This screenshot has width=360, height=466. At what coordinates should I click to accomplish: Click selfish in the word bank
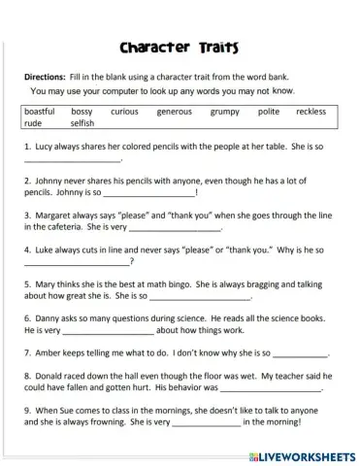pos(82,124)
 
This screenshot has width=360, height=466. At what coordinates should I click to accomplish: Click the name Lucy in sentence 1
pos(45,146)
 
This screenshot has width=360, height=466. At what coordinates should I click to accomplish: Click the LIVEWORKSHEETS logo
pos(302,455)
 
